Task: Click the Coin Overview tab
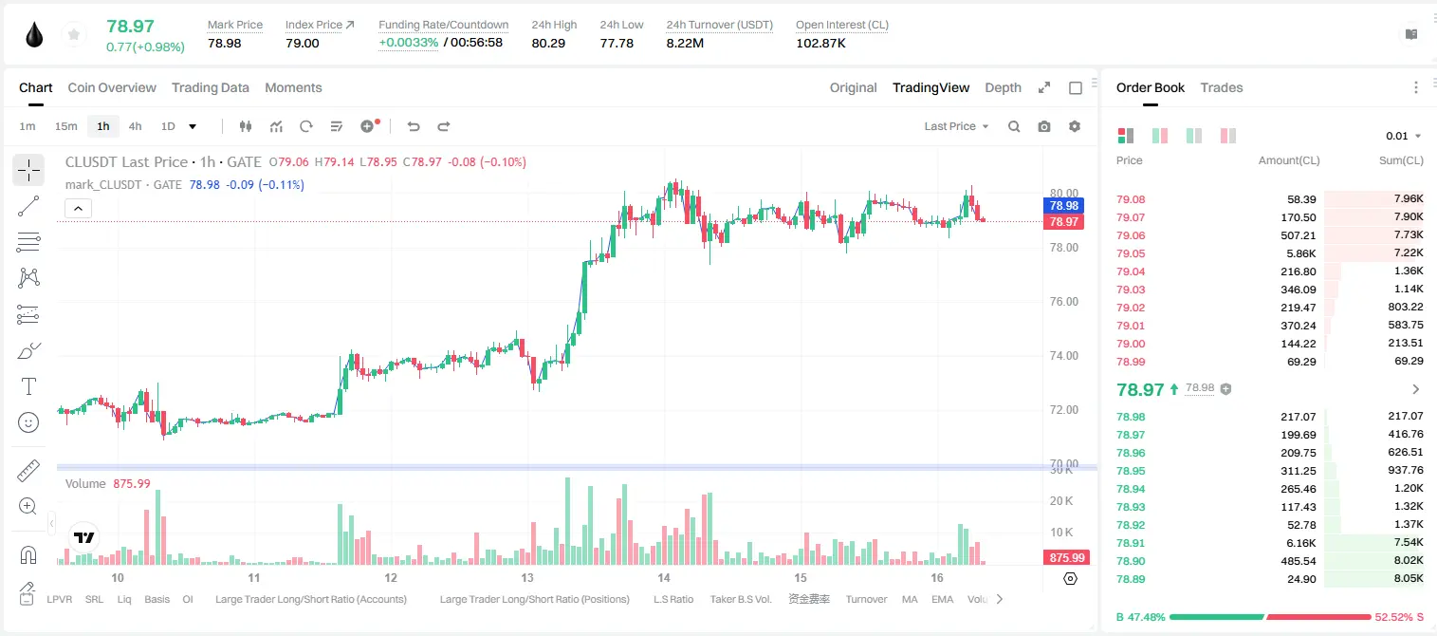point(112,87)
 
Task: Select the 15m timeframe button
point(66,126)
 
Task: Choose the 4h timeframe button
point(135,126)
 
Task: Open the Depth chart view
point(1003,87)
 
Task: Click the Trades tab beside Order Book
point(1222,87)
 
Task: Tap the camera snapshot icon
point(1044,126)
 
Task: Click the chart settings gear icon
point(1075,126)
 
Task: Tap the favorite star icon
point(74,35)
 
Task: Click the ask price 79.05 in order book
point(1131,253)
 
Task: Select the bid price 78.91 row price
point(1131,543)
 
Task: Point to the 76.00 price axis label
point(1063,302)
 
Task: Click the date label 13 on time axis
point(527,577)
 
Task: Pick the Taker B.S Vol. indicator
point(740,599)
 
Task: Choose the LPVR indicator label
point(60,599)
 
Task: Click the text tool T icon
point(28,386)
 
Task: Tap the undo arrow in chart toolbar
point(414,126)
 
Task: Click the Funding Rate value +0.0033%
point(409,43)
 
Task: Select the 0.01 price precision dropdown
point(1404,136)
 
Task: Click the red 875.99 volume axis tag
point(1066,558)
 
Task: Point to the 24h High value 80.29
point(548,43)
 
